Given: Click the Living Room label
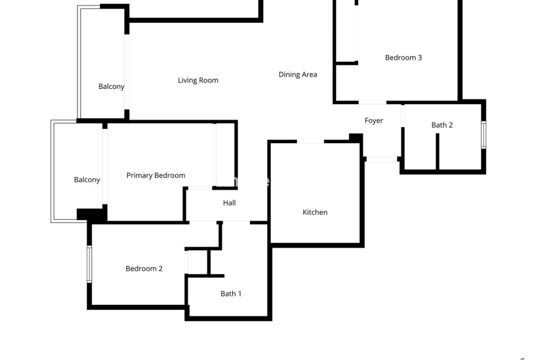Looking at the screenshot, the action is coord(198,80).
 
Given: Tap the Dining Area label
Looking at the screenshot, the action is coord(297,75).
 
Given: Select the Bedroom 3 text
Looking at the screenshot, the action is coord(403,57).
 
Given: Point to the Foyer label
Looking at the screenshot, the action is coord(374,121).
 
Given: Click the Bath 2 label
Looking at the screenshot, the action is coord(442,125).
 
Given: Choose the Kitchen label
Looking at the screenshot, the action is coord(315,212).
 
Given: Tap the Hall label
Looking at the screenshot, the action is coord(229,203).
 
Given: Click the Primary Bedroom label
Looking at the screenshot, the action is coord(156,176).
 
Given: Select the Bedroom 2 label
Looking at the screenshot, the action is coord(144,269).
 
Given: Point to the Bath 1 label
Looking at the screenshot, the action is coord(231,294).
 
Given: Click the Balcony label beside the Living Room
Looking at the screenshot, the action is coord(112,87).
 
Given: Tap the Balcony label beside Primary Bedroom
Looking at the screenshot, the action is coord(87,180).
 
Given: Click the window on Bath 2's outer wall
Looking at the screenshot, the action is coord(484,135).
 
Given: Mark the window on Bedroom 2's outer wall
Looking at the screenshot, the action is coord(89,264).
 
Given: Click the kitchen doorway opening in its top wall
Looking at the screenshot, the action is coord(310,141).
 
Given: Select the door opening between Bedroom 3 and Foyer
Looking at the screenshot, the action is coord(372,102).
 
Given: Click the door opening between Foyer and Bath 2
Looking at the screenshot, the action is coord(403,116).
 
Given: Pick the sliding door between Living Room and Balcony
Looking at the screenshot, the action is coord(127,72).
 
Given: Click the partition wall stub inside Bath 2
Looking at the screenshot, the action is coord(437,151).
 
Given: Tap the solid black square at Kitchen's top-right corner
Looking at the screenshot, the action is coord(356,138).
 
